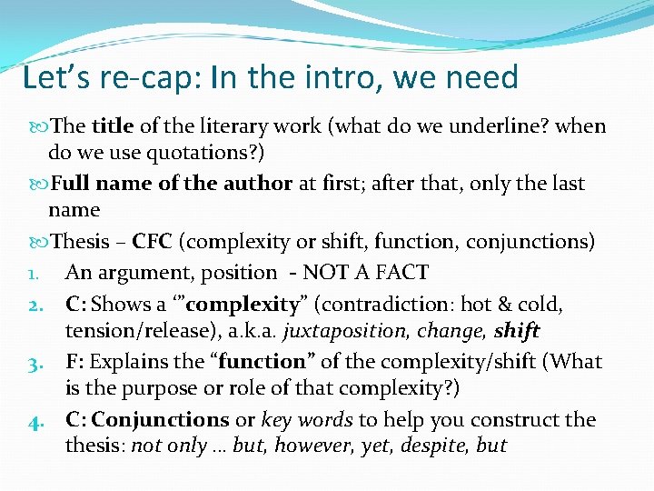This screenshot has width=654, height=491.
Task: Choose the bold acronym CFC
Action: click(153, 242)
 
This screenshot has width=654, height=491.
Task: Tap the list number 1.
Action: click(33, 273)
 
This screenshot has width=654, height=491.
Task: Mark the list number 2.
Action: click(34, 304)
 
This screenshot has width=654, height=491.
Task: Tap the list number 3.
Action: click(34, 362)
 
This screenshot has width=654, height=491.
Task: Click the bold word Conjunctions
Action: click(161, 420)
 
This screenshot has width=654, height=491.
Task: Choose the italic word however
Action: click(310, 446)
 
